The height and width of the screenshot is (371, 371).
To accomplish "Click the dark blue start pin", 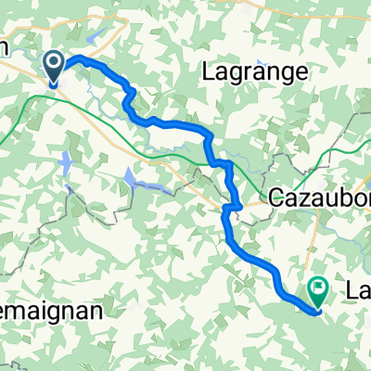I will pyautogui.click(x=55, y=68).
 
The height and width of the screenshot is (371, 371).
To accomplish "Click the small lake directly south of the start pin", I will pyautogui.click(x=66, y=167).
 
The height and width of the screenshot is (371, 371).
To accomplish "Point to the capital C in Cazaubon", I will pyautogui.click(x=276, y=198).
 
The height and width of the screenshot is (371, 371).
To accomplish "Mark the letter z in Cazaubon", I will pyautogui.click(x=302, y=198).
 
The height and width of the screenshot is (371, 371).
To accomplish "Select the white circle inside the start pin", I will pyautogui.click(x=55, y=64).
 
